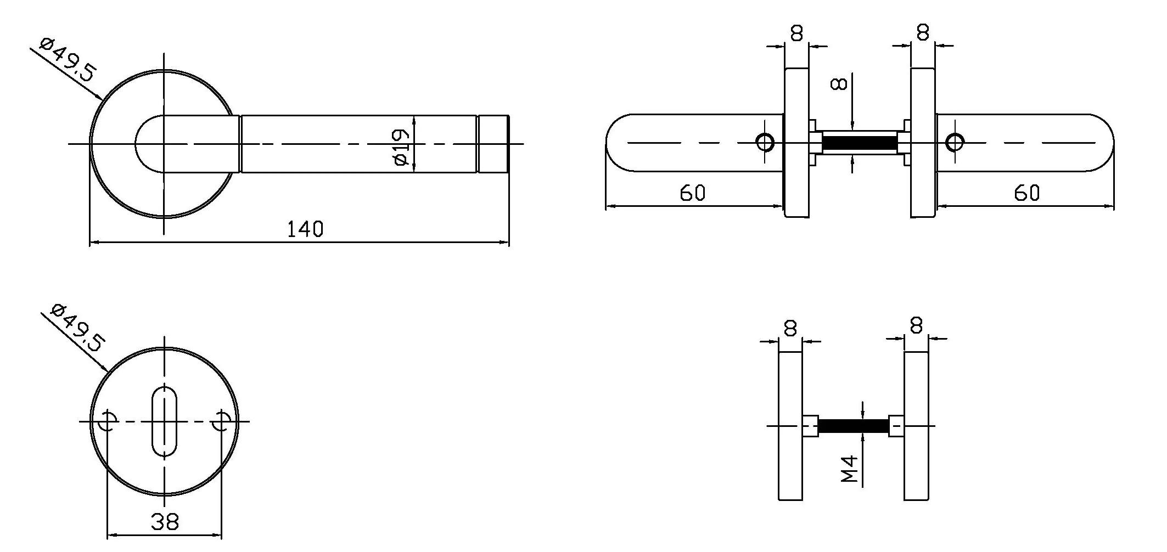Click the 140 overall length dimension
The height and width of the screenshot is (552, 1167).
pos(305,229)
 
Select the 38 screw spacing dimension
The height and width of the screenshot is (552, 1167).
pos(165,521)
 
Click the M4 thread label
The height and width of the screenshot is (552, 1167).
pos(849,469)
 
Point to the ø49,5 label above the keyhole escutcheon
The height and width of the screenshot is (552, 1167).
pos(77,328)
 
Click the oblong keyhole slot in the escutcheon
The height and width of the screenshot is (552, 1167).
pos(164,421)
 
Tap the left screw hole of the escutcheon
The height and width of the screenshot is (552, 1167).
pos(108,421)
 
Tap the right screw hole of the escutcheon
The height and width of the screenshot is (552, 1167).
pos(222,421)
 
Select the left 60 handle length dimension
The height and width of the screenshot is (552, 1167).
pos(692,193)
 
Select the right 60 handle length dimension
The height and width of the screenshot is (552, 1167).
pos(1026,193)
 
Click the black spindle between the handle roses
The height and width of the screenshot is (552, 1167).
pos(859,143)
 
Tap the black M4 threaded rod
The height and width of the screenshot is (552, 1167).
pos(853,426)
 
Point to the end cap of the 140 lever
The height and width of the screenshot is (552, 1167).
pos(493,144)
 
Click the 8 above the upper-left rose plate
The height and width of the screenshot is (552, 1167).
pos(796,33)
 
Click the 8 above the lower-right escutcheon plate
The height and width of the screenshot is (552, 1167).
pos(916,326)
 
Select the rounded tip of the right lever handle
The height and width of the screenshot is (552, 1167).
pos(1103,143)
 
